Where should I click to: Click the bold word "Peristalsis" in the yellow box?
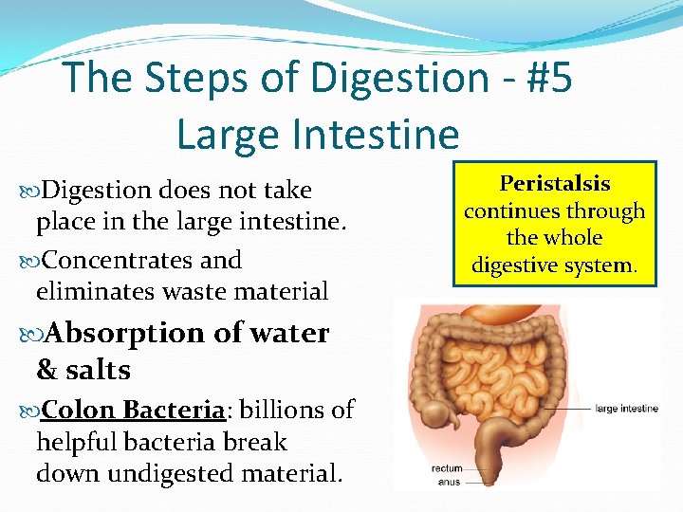point(555,183)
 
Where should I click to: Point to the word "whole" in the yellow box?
point(567,238)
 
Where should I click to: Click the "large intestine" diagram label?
point(627,409)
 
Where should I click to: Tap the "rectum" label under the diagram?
point(448,468)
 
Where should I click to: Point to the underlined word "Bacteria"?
point(175,410)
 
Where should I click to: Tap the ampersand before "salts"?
point(46,370)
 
